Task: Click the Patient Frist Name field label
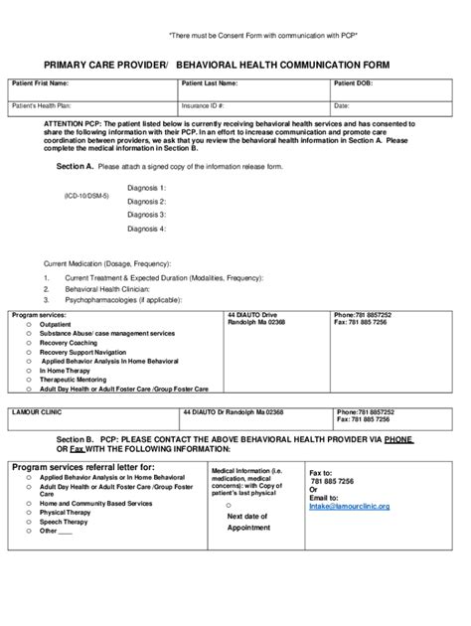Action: pyautogui.click(x=40, y=83)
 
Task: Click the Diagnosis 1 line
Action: pyautogui.click(x=147, y=187)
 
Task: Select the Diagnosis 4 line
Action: pyautogui.click(x=147, y=228)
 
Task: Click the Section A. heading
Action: pyautogui.click(x=75, y=166)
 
